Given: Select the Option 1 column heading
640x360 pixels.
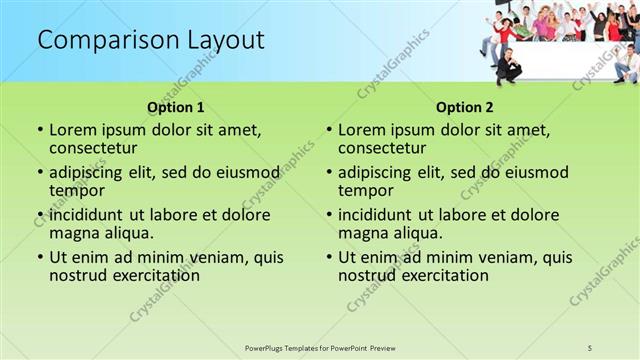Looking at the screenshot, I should tap(176, 107).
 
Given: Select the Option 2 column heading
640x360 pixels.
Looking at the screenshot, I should tap(465, 107).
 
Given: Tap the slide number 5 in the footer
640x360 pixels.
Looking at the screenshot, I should tap(591, 347).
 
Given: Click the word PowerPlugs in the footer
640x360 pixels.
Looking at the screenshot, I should tap(267, 347).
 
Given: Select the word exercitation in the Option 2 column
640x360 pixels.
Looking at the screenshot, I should tap(438, 275).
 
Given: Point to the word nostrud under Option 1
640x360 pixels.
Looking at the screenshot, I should tap(76, 275).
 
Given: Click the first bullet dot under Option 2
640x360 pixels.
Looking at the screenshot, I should tap(329, 130).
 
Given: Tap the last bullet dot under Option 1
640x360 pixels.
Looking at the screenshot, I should tap(40, 257).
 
